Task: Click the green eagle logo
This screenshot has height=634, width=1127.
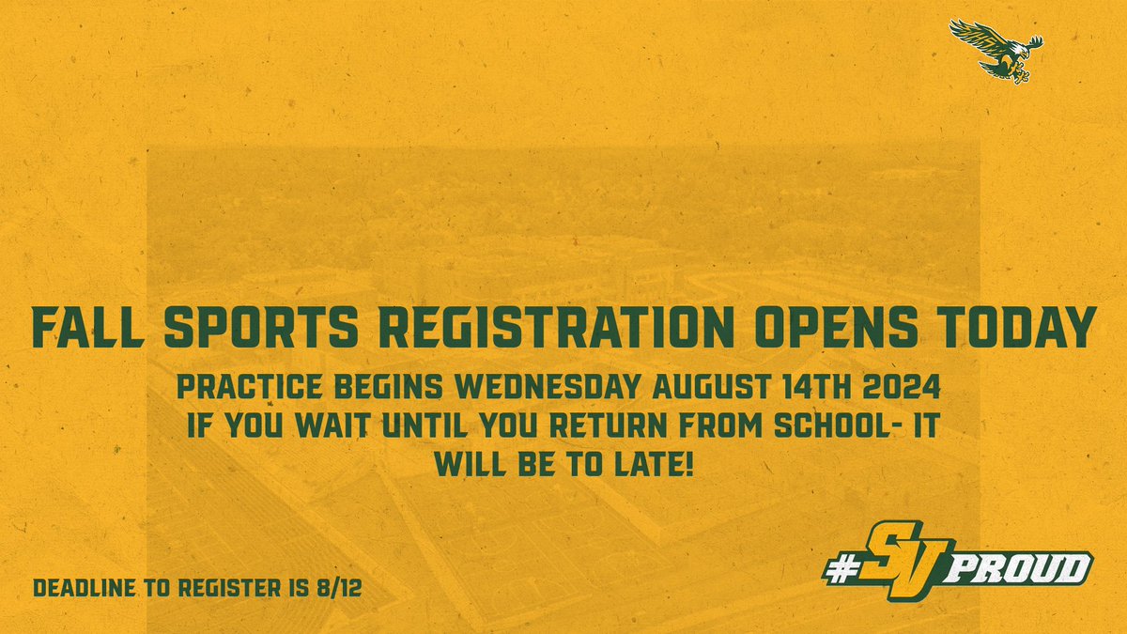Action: (996, 47)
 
